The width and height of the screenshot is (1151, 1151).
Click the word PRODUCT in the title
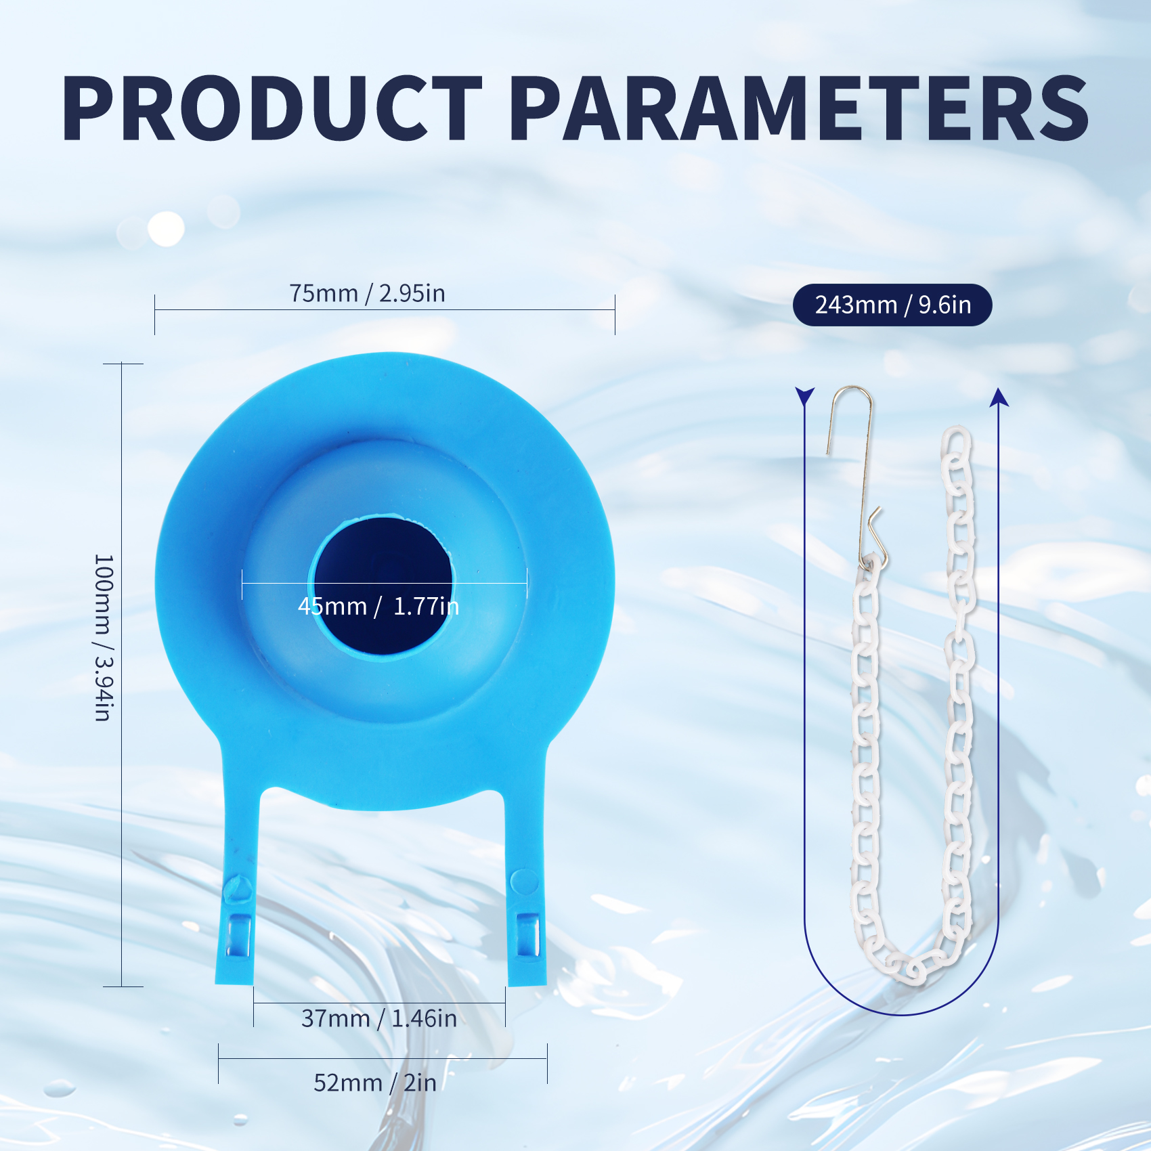point(272,108)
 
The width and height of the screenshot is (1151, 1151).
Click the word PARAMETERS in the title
point(799,108)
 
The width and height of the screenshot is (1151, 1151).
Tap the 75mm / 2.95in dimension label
point(368,293)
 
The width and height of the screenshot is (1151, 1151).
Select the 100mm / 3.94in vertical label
point(104,637)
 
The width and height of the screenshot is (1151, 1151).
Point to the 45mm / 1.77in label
point(378,606)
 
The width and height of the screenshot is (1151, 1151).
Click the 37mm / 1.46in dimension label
point(379,1018)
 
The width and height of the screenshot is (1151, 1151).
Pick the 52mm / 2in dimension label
point(375,1083)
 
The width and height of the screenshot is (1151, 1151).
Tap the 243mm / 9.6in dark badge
point(892,305)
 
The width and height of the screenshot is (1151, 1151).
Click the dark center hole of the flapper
point(383,586)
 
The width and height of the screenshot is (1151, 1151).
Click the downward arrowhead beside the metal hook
point(804,396)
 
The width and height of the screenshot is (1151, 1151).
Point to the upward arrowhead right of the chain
point(999,397)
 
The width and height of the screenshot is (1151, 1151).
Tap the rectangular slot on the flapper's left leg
point(238,935)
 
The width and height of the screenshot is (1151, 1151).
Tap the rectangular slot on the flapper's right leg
point(527,935)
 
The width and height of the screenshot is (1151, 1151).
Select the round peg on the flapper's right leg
point(524,882)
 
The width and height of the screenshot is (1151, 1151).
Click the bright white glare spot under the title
point(166,228)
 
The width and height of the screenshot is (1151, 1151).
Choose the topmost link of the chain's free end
point(956,444)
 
